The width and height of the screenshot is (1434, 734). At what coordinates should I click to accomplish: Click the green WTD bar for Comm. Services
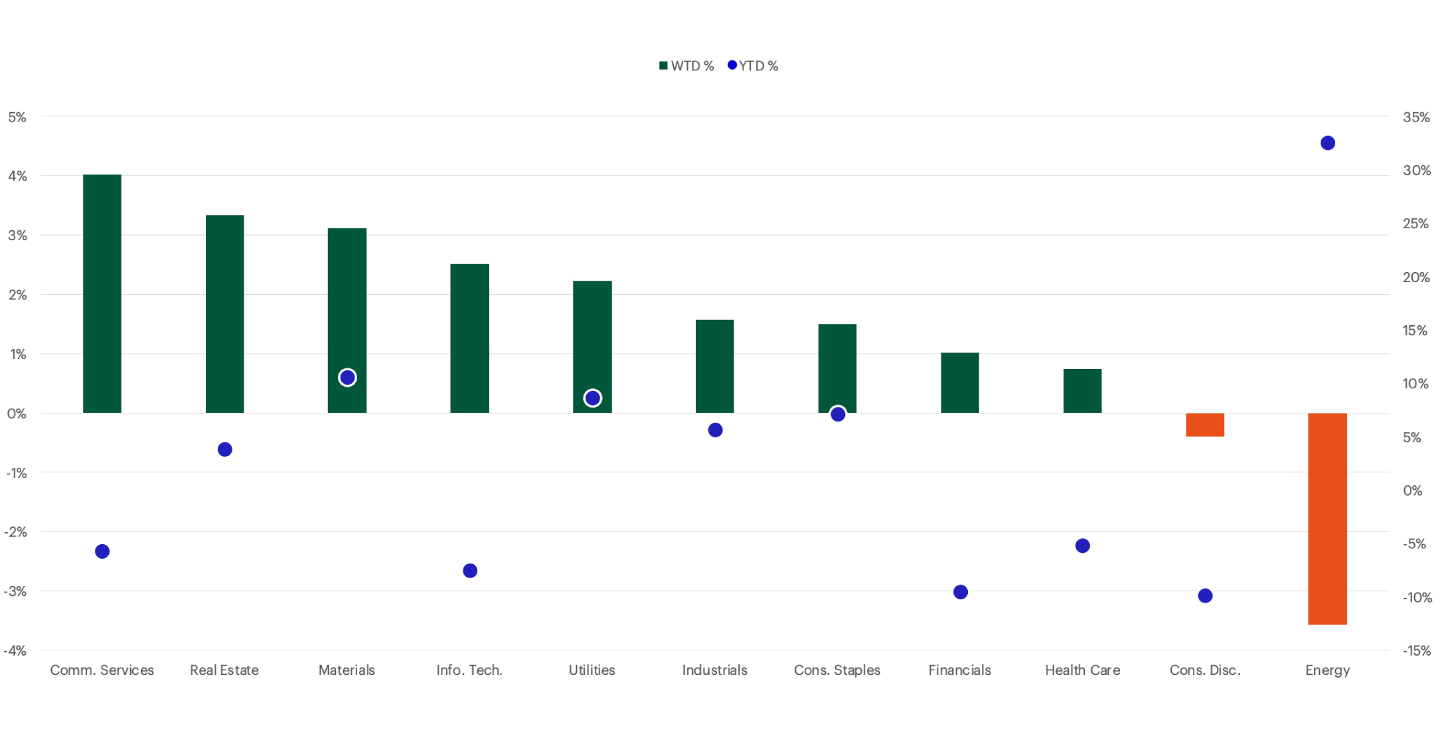102,293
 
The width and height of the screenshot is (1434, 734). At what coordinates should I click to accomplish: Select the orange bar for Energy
1327,518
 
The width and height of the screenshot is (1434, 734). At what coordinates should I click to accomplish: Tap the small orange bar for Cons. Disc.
1205,425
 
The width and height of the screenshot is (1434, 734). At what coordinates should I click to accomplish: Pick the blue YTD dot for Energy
1328,143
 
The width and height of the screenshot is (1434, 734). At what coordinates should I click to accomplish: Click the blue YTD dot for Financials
961,592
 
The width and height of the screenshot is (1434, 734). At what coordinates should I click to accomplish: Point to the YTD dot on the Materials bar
347,378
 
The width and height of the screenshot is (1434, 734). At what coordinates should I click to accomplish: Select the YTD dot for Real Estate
225,450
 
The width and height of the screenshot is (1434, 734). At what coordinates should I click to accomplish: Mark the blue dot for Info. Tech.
470,571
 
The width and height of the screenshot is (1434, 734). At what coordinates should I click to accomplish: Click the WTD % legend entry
686,66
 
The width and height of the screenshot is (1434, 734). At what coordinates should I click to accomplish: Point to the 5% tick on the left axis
17,117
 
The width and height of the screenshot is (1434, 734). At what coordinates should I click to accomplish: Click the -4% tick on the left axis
15,651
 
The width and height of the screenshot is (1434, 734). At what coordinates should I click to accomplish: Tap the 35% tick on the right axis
1416,117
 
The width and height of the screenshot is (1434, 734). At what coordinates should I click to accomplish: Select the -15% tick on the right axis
1417,651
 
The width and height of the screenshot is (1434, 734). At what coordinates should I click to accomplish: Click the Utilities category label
592,670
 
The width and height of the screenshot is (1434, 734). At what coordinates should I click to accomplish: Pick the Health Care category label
1082,670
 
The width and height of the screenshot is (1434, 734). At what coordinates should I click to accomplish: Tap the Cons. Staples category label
837,670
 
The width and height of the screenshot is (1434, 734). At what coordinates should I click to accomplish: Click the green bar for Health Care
1082,391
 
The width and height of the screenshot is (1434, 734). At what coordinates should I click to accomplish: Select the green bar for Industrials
715,366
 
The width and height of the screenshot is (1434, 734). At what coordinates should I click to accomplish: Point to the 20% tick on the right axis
1416,277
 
